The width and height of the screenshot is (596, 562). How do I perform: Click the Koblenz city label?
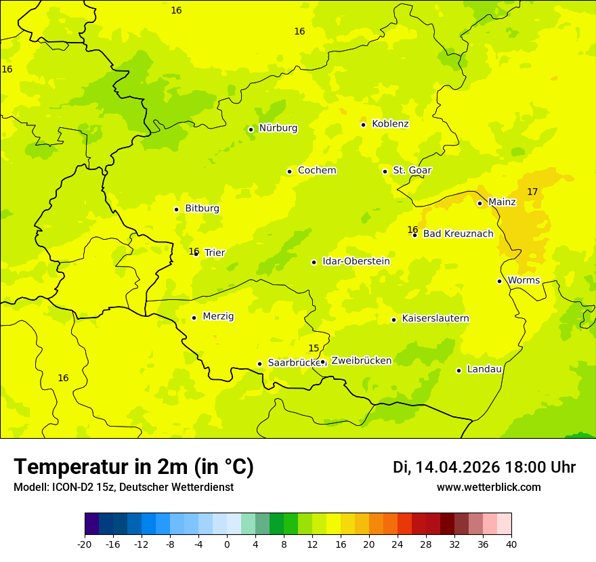pos(390,124)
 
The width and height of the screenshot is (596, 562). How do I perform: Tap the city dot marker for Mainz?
pos(480,203)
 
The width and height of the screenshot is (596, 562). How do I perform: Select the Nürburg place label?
pos(278,128)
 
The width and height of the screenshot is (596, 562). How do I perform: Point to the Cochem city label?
pos(316,171)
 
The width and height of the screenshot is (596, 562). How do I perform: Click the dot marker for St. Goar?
pos(385,171)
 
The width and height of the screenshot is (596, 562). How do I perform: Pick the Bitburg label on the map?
pos(202,209)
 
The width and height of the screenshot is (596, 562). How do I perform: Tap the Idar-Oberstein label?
pos(356,261)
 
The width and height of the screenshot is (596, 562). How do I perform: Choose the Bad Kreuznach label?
pos(458,234)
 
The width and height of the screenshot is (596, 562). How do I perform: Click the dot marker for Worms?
pos(499,281)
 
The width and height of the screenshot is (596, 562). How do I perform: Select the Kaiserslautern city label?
pos(435,319)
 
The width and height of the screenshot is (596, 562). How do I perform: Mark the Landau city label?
pos(484,370)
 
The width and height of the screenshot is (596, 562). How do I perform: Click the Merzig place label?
pos(218,317)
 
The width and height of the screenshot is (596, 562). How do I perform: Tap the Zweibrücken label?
pos(361,361)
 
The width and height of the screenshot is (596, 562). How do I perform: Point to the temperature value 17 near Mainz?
pos(532,192)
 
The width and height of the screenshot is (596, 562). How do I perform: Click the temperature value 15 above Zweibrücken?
pos(314,349)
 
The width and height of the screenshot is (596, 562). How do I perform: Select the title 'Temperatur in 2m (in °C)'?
pos(133,467)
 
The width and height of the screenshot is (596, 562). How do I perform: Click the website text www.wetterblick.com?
pos(488,488)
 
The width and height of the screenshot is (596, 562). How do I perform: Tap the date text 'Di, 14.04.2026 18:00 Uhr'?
pos(484,468)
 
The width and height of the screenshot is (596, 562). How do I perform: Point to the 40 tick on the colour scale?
pos(511,544)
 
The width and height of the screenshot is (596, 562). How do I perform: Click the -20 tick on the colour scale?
pos(85,544)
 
